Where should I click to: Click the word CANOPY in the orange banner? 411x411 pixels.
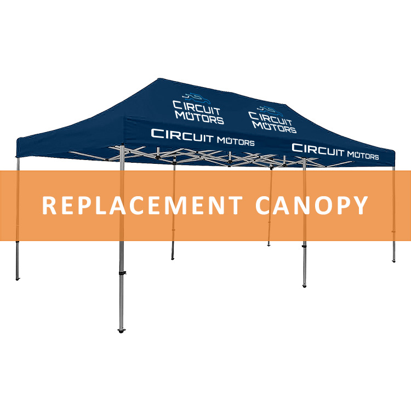point(312,206)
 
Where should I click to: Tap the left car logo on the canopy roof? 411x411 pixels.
point(197,98)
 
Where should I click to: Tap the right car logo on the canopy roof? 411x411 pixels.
point(271,111)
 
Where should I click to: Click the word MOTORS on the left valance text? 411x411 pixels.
point(236,141)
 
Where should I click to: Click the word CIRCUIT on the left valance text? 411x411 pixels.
point(182,135)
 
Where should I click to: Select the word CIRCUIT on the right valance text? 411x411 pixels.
point(318,150)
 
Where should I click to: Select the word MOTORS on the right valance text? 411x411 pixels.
point(363,156)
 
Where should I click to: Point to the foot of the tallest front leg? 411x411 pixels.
point(121,330)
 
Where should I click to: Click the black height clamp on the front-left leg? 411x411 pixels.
point(122,273)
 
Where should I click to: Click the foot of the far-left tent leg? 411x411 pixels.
point(18,278)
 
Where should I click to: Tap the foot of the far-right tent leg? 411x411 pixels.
point(393,260)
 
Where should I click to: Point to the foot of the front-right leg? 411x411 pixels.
point(304,286)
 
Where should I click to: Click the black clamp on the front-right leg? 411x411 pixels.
point(304,247)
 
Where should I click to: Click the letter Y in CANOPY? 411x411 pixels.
point(360,206)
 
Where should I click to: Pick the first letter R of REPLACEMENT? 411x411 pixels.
point(49,206)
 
